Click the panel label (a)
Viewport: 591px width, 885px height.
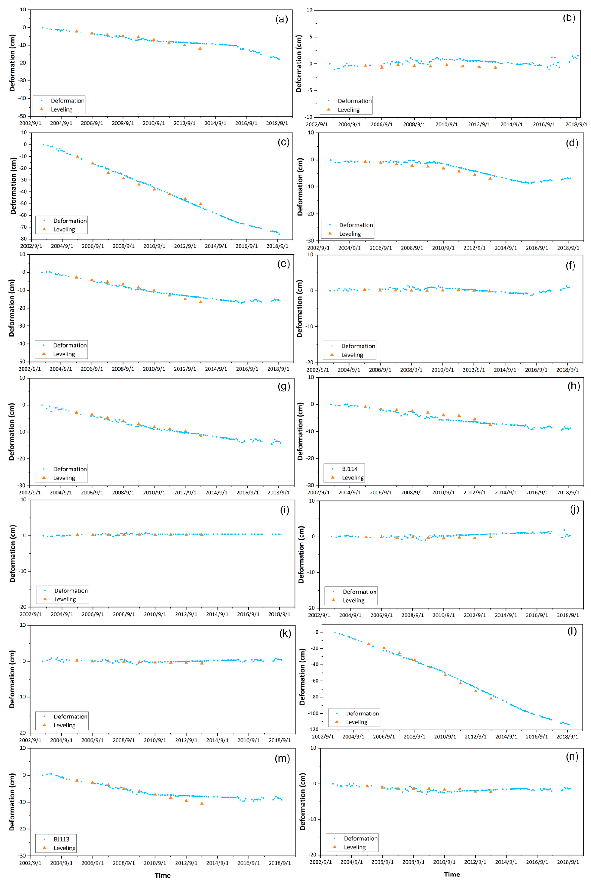coord(282,19)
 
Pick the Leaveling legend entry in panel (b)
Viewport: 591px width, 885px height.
coord(348,110)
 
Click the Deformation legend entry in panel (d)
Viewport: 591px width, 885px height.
coord(356,225)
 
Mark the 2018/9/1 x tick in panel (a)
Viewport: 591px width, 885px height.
coord(277,123)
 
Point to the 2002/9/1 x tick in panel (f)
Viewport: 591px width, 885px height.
coord(318,370)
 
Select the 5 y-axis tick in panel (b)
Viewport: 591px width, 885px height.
coord(311,37)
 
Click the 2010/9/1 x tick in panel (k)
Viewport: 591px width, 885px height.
coord(155,740)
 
